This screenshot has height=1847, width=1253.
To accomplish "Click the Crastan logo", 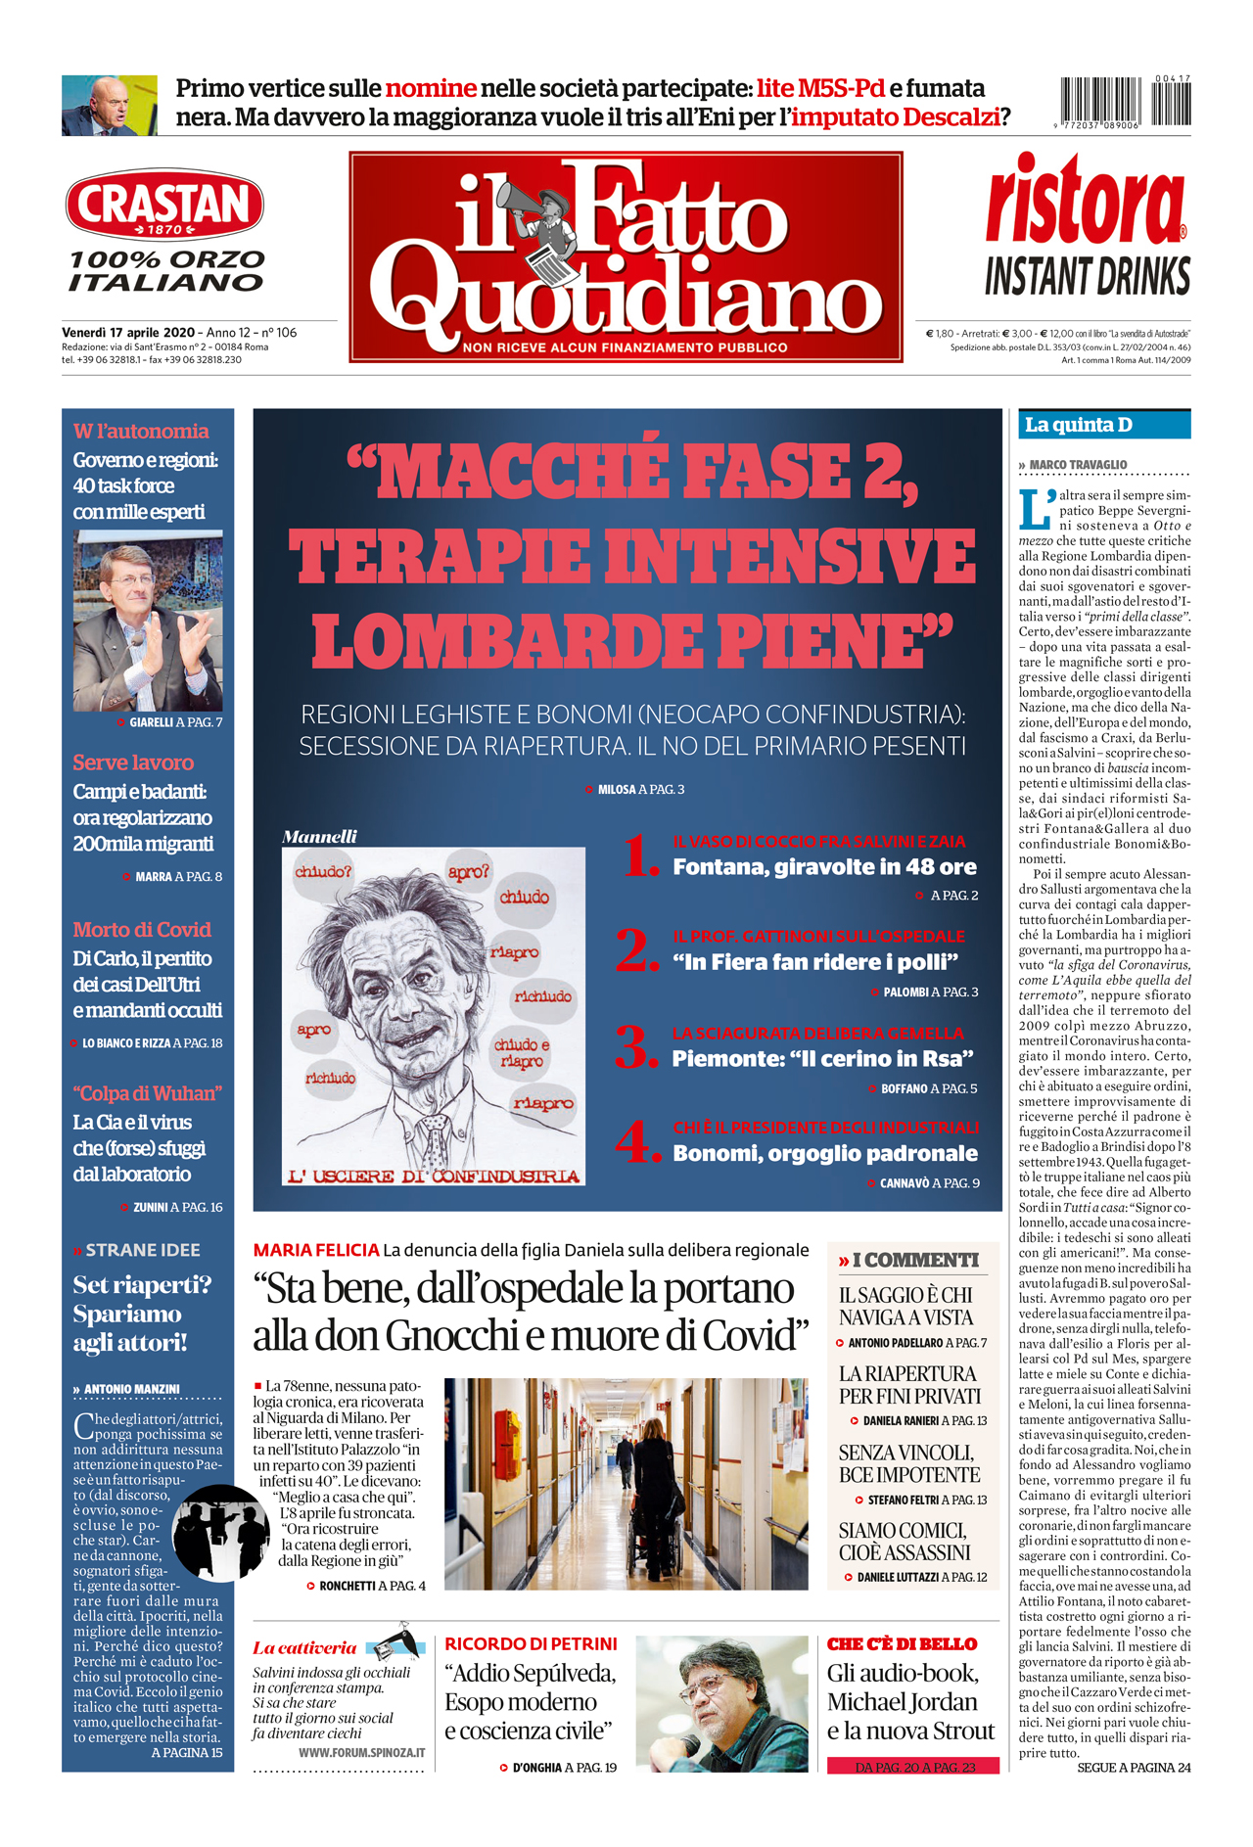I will point(164,206).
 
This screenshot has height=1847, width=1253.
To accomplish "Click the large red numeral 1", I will point(641,855).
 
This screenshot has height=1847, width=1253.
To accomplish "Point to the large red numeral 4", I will point(638,1142).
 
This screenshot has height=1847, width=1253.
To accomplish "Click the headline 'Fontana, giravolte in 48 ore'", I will point(824,867).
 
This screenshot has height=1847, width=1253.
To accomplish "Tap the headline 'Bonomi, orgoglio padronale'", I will point(824,1154).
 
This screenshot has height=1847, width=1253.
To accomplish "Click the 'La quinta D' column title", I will point(1079,425).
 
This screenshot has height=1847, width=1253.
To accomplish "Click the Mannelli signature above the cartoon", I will point(319,837).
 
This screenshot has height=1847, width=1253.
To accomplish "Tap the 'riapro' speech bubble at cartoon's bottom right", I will point(543,1104).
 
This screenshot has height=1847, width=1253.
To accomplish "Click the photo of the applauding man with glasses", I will point(148,622).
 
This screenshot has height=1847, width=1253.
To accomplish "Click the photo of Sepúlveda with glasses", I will point(721,1703).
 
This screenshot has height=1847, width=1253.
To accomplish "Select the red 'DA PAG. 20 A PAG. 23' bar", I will point(913,1767).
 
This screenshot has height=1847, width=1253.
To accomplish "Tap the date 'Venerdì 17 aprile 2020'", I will point(128,333).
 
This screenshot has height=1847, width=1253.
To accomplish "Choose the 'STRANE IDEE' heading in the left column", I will point(142,1250).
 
